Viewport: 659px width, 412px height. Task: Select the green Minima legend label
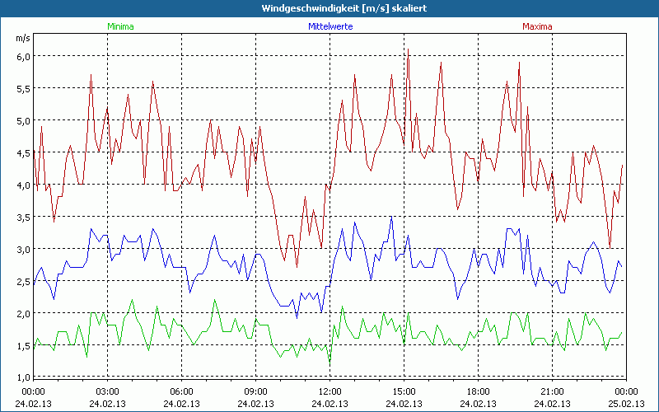(x=120, y=26)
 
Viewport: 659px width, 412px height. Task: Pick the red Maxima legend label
(x=538, y=26)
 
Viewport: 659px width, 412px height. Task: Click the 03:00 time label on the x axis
(x=107, y=391)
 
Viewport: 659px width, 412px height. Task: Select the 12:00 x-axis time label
(x=329, y=391)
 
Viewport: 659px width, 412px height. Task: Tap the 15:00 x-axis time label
(x=404, y=391)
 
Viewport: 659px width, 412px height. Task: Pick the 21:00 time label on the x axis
(x=552, y=391)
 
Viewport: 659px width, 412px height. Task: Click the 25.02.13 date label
(x=626, y=404)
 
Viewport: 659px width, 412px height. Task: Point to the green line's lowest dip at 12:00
(x=329, y=363)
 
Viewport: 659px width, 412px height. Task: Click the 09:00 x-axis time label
(x=255, y=391)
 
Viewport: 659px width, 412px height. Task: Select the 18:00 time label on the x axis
(x=478, y=391)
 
